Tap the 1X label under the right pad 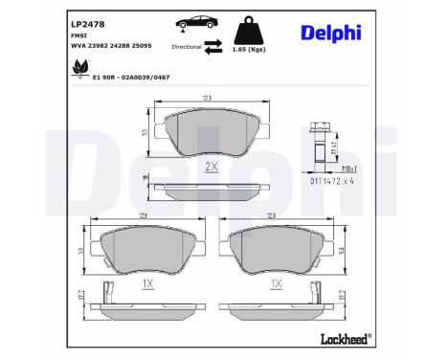[x=276, y=283]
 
